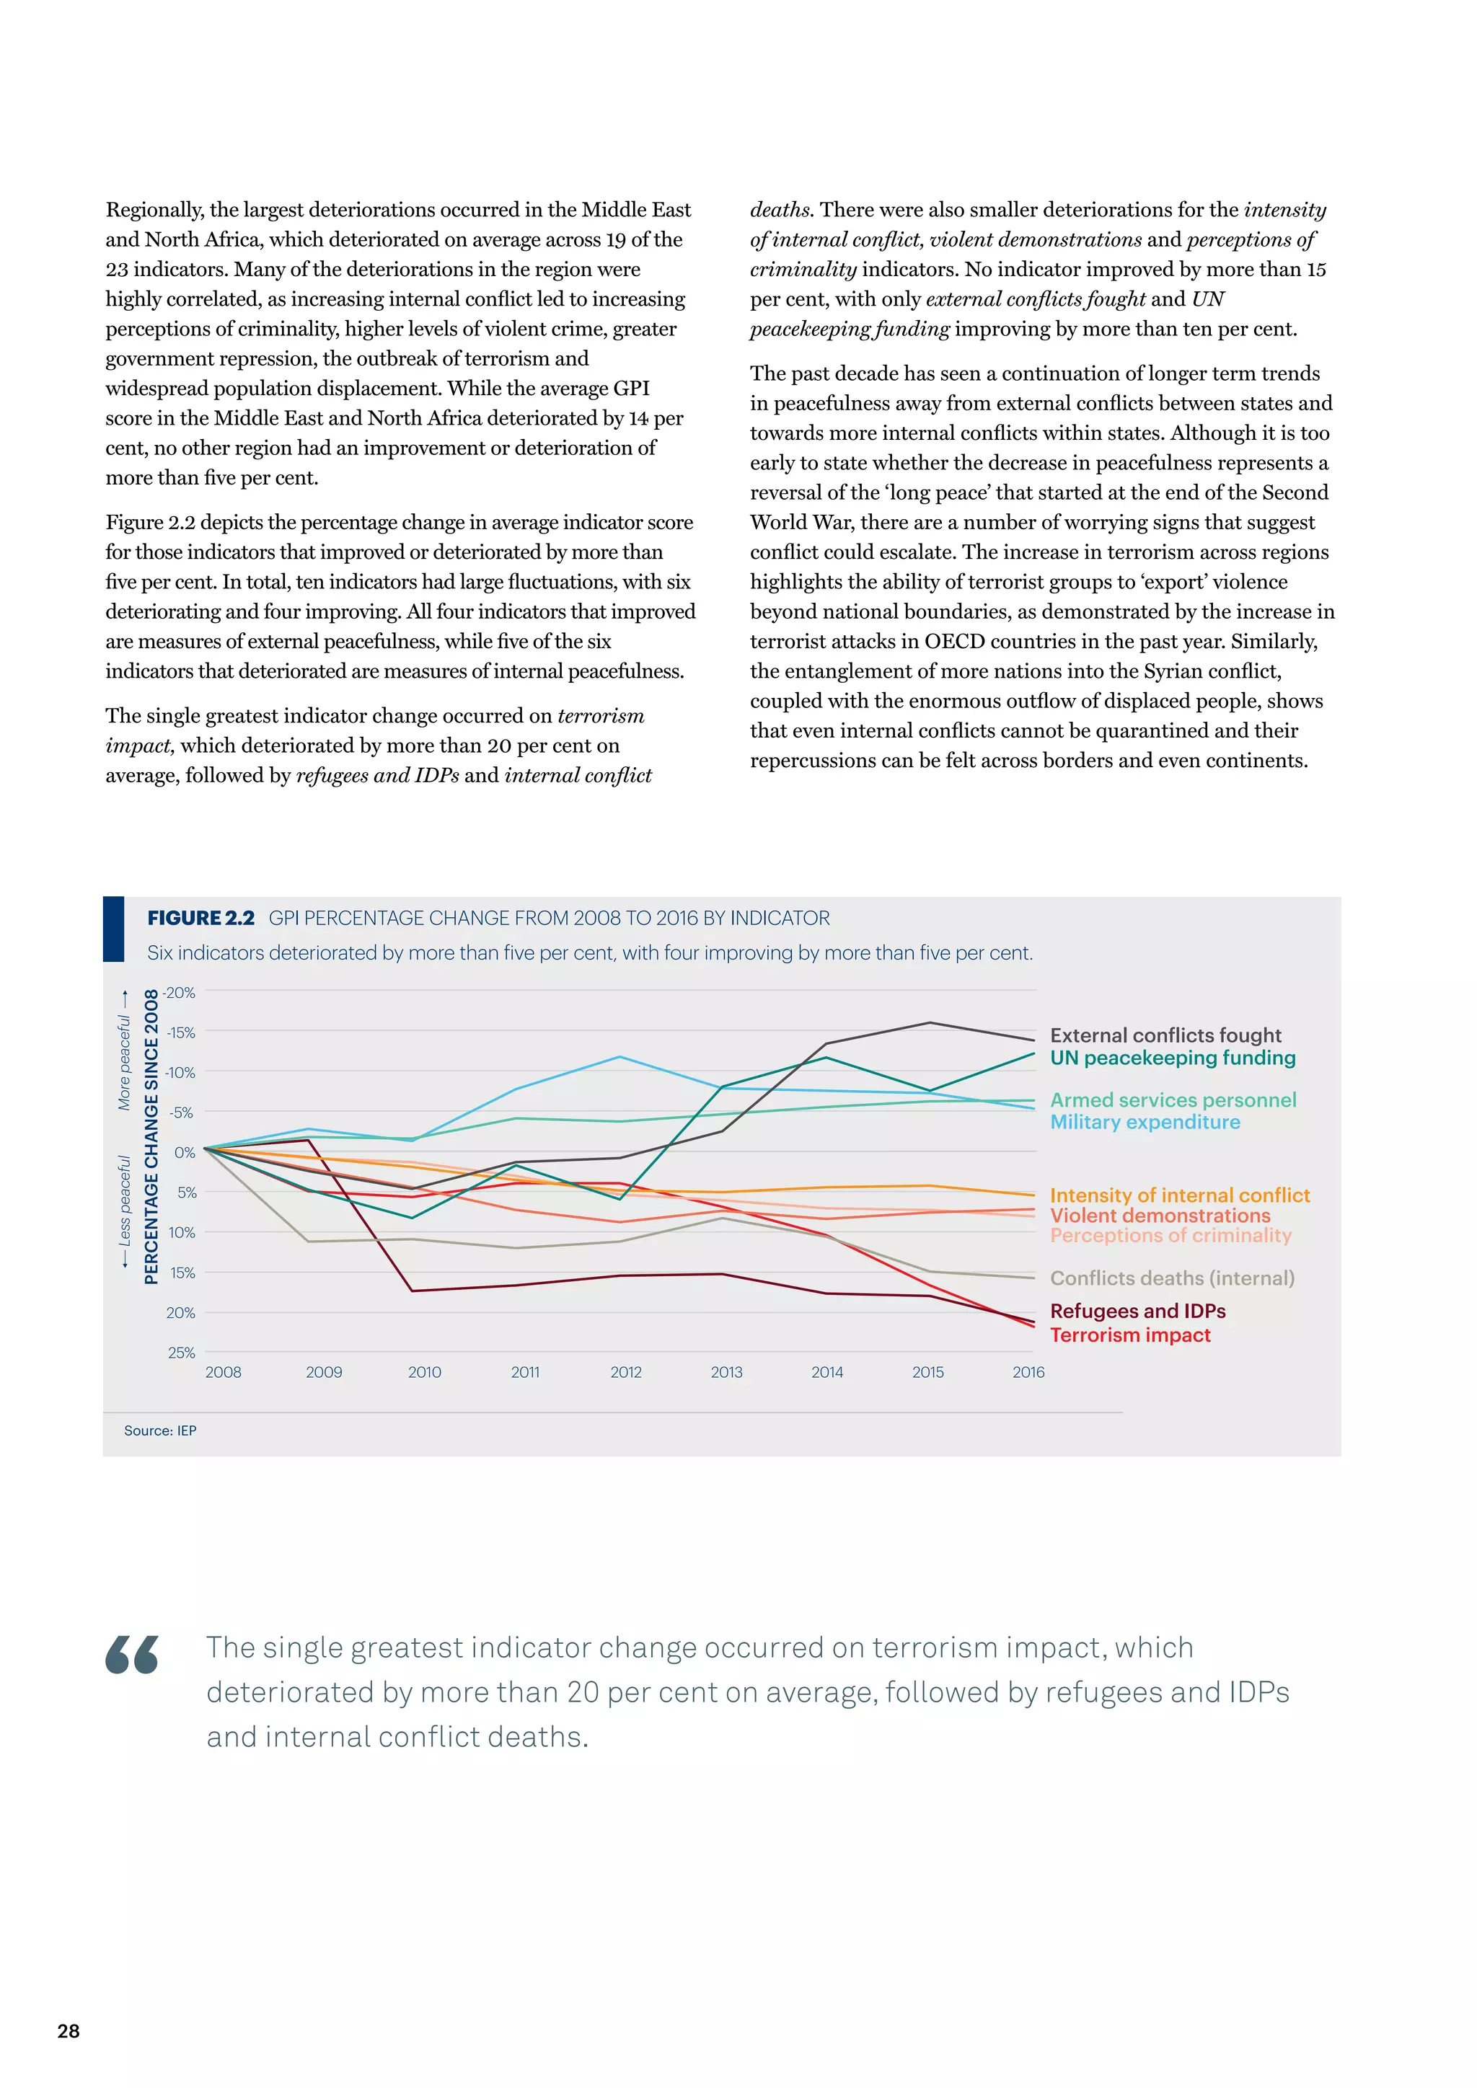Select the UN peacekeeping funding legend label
click(x=1173, y=1058)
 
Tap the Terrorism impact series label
click(x=1129, y=1335)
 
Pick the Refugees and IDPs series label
click(x=1137, y=1311)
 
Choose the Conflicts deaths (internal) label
click(x=1171, y=1278)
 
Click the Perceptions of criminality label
click(x=1170, y=1235)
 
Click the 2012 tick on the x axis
click(x=626, y=1372)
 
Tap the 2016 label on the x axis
click(x=1028, y=1372)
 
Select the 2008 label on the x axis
click(x=223, y=1372)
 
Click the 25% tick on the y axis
click(x=182, y=1353)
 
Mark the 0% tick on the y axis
click(x=185, y=1152)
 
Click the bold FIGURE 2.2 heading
click(x=201, y=919)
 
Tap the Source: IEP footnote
click(x=160, y=1430)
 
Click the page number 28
click(x=69, y=2031)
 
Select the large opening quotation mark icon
click(x=132, y=1655)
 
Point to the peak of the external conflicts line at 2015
click(x=930, y=1023)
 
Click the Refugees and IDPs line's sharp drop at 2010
click(x=412, y=1291)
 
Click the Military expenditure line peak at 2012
click(x=620, y=1057)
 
